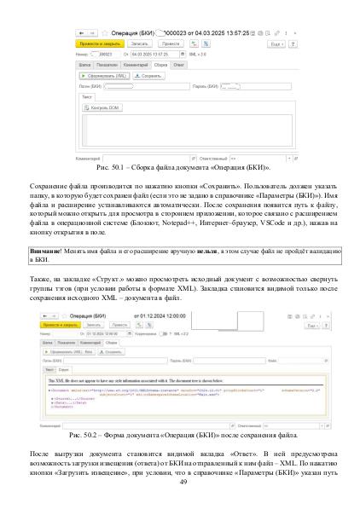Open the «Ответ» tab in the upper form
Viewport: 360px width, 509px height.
[180, 63]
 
